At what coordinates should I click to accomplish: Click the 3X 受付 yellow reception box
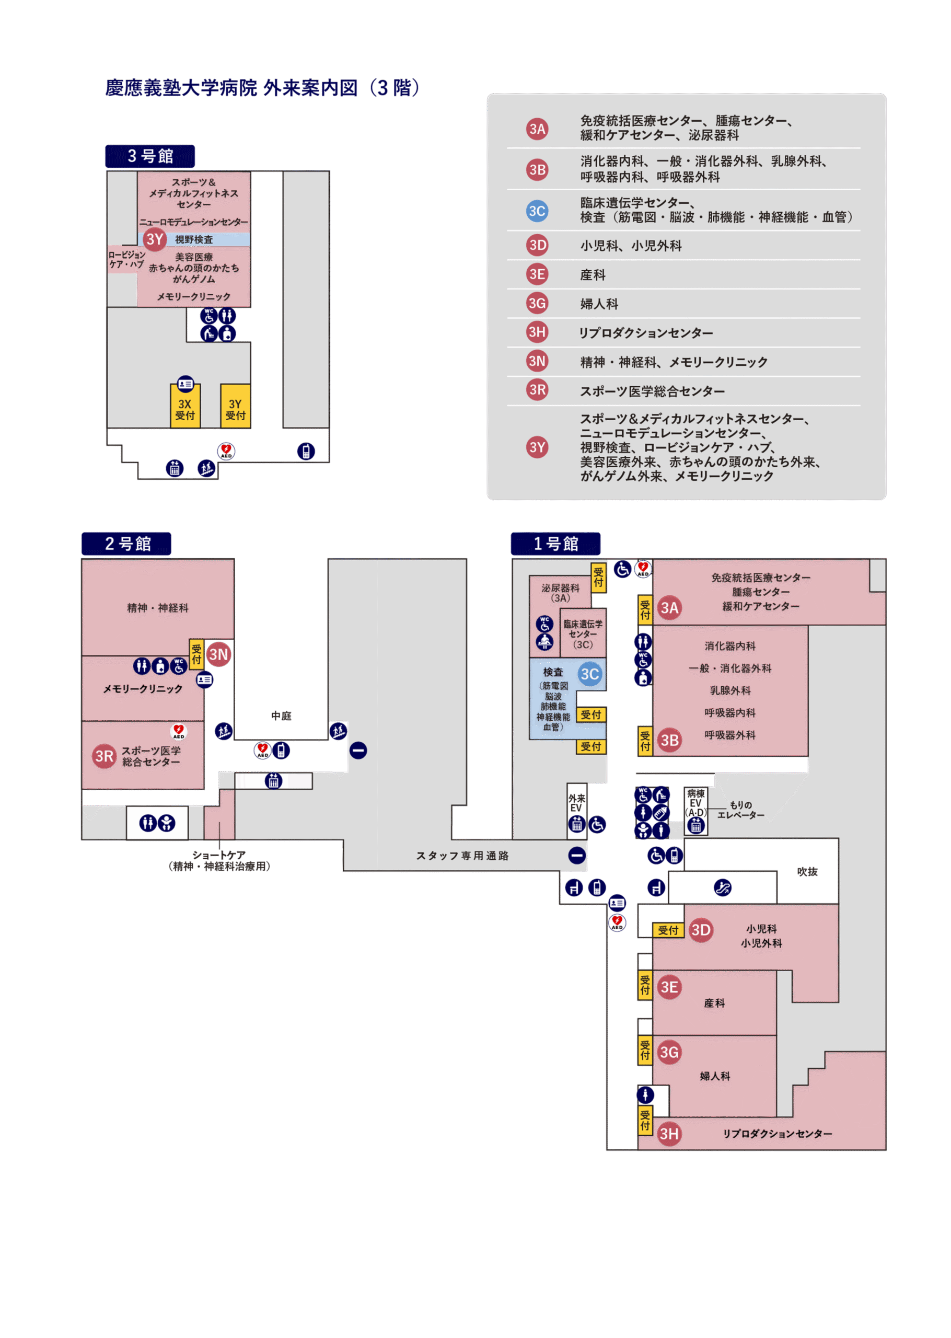pos(185,408)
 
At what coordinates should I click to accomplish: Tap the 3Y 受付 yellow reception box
pos(236,408)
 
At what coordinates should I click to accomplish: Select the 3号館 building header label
pos(150,156)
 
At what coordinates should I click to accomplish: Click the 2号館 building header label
pos(126,544)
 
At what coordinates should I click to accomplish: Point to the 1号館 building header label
pos(555,544)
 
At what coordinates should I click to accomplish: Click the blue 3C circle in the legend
pos(537,211)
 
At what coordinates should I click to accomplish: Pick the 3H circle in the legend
pos(537,332)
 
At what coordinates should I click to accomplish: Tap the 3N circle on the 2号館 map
pos(218,654)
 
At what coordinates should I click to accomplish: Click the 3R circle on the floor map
pos(104,756)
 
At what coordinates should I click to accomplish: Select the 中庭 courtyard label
pos(281,715)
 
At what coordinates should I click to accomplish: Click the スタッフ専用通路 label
pos(462,856)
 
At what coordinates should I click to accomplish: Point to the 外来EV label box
pos(576,802)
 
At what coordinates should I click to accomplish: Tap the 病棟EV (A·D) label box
pos(695,803)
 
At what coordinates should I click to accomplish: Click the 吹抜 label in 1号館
pos(807,871)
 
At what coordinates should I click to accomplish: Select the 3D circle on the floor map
pos(701,930)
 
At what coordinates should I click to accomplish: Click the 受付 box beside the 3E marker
pos(645,986)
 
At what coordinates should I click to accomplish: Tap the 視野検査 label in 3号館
pos(194,239)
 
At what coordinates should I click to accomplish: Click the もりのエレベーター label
pos(741,810)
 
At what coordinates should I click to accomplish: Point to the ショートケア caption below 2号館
pos(219,860)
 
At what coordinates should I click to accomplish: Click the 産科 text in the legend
pos(593,274)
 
